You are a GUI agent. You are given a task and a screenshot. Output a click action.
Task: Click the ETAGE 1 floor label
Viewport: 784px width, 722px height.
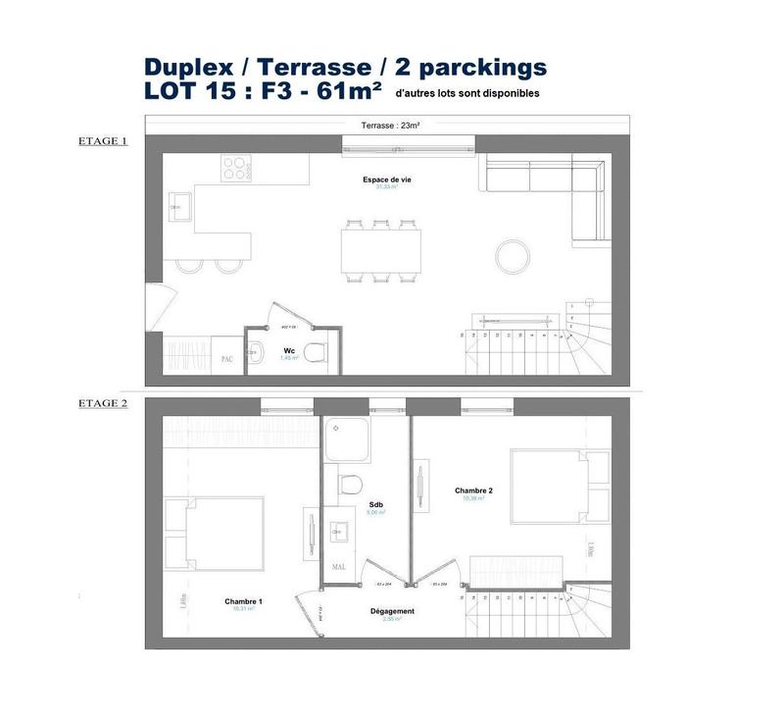click(x=102, y=140)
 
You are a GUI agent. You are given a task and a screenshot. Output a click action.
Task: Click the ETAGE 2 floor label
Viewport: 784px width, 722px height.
click(x=102, y=402)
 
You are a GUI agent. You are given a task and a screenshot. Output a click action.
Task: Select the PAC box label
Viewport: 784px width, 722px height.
click(x=226, y=359)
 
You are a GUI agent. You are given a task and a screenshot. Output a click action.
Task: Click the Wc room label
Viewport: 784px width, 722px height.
click(x=289, y=349)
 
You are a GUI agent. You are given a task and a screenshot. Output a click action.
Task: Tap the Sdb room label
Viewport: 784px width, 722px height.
click(x=375, y=502)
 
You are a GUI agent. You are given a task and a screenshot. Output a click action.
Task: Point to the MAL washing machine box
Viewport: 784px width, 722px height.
click(x=339, y=565)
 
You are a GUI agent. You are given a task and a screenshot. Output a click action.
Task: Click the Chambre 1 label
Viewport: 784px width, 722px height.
click(x=243, y=600)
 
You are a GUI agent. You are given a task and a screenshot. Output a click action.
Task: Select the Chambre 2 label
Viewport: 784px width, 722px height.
click(x=473, y=490)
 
